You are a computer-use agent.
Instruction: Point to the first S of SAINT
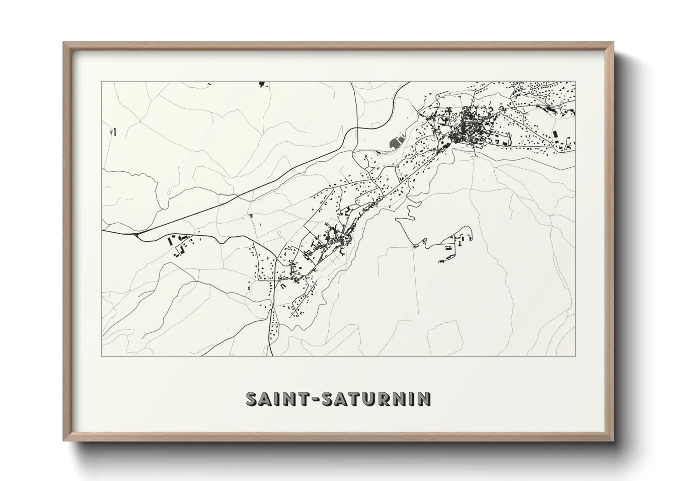(x=252, y=399)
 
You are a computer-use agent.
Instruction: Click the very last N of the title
(x=424, y=399)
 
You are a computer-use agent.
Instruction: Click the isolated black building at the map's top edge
(x=261, y=84)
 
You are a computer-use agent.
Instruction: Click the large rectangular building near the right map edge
(x=555, y=135)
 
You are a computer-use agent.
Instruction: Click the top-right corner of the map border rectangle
(x=575, y=81)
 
